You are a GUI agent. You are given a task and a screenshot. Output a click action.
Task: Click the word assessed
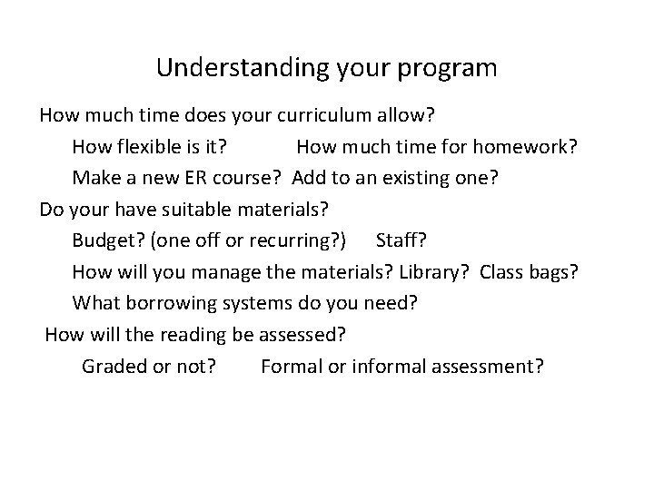point(301,335)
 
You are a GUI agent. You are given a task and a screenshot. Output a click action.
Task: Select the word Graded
point(112,366)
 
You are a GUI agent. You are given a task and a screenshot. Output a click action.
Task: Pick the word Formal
point(289,366)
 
